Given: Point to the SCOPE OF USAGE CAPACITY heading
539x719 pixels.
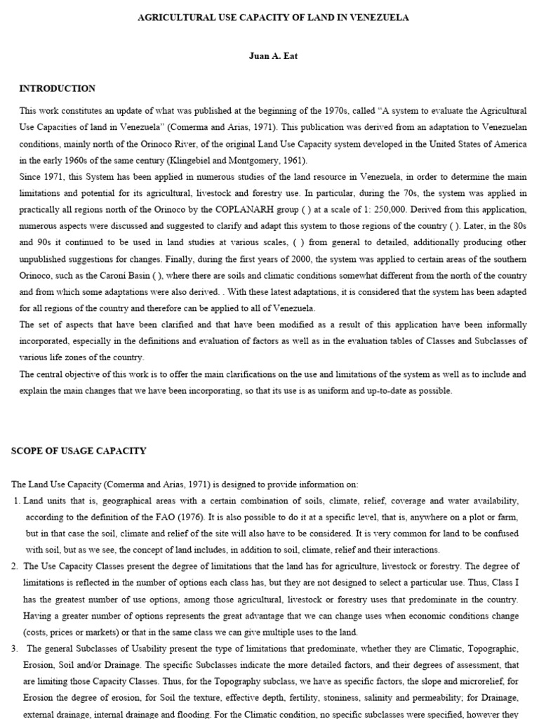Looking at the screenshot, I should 79,451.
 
